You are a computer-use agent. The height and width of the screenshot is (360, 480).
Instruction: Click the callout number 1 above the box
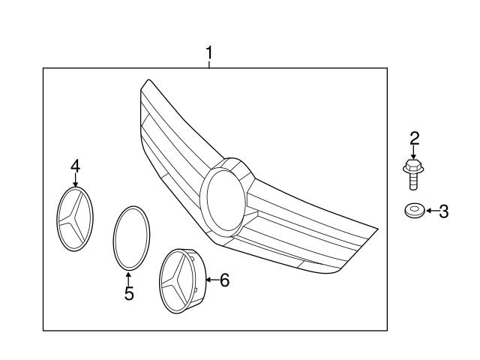209,53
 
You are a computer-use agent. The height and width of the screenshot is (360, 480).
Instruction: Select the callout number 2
415,138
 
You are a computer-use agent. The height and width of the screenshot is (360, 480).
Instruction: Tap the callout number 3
443,211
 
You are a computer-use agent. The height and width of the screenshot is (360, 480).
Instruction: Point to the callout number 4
75,166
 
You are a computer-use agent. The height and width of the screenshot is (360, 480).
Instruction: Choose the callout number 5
129,293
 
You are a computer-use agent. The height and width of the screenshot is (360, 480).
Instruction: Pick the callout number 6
225,280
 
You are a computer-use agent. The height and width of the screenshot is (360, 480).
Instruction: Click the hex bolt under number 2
413,174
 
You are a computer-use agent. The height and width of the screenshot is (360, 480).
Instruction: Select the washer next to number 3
415,211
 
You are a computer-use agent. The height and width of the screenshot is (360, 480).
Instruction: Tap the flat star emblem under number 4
75,219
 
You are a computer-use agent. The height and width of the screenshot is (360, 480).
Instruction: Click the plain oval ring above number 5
114,238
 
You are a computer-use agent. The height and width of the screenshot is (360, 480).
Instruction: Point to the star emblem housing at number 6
183,281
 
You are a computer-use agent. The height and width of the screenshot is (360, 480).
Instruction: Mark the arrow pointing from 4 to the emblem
76,180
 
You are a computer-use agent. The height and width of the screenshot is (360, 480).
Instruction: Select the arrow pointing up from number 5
128,278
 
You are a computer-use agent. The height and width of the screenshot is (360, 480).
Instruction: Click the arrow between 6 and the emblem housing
212,280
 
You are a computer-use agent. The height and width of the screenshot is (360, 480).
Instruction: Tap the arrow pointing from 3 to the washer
432,211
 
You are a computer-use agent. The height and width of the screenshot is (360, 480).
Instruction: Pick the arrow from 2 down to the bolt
413,151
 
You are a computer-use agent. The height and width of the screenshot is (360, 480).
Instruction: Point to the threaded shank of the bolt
413,181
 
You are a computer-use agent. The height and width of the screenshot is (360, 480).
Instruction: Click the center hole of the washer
415,208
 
